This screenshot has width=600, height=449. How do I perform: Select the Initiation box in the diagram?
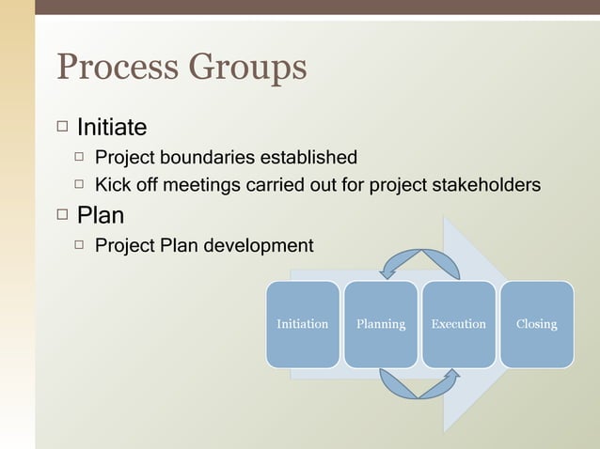[302, 324]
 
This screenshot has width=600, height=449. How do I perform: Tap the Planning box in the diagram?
[381, 324]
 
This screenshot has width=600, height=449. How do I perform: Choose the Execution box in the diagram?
[458, 324]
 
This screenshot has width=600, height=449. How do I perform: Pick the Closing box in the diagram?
[536, 324]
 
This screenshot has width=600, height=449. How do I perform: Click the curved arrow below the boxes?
[419, 384]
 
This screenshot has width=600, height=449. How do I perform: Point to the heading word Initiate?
[112, 126]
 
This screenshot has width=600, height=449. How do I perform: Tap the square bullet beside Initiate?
[62, 126]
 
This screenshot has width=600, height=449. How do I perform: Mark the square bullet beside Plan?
[62, 215]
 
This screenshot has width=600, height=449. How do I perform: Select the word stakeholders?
[485, 185]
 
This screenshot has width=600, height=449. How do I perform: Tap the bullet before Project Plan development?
[81, 246]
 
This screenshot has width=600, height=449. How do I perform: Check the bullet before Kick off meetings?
[81, 185]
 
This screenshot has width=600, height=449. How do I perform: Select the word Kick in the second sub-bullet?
[113, 185]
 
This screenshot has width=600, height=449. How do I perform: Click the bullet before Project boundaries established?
[81, 157]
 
